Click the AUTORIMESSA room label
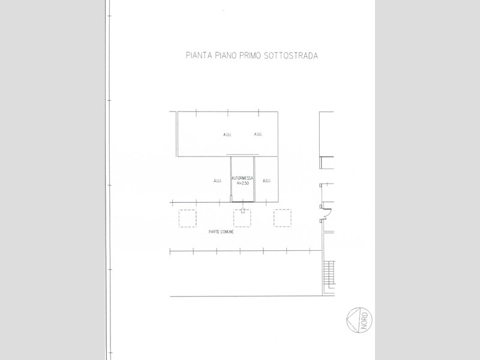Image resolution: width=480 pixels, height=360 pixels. click(x=242, y=178)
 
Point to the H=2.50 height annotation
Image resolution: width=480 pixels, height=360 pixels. click(x=243, y=183)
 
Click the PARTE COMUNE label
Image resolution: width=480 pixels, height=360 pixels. click(x=221, y=232)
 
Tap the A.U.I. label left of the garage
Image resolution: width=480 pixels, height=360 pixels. click(x=217, y=181)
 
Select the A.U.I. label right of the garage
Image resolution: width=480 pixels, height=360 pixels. click(x=266, y=181)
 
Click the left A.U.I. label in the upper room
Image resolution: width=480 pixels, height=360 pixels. click(x=227, y=134)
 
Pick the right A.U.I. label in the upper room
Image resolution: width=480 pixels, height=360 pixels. click(x=258, y=134)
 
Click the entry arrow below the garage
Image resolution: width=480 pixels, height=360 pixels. click(x=243, y=210)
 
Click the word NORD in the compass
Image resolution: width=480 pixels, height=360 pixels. click(x=365, y=320)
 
